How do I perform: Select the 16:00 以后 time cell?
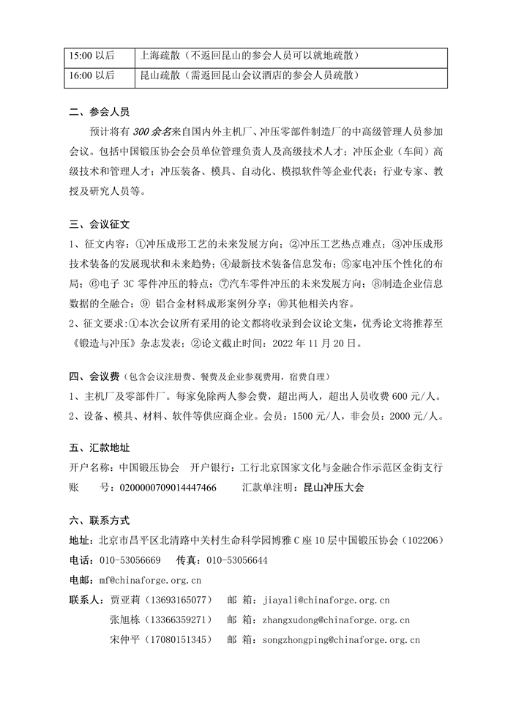coord(91,75)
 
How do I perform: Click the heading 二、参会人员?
coord(99,113)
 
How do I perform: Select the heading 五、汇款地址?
coord(99,447)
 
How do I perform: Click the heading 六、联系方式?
coord(99,521)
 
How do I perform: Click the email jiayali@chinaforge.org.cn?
coord(326,600)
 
